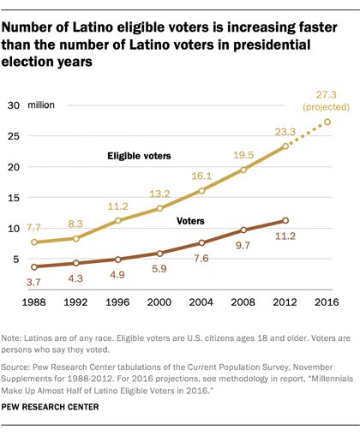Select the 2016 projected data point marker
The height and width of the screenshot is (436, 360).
(327, 122)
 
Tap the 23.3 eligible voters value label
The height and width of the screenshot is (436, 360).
(285, 133)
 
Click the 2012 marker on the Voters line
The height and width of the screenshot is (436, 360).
(285, 220)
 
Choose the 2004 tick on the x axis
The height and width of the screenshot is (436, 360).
(195, 302)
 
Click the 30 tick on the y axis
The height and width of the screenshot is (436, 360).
(15, 105)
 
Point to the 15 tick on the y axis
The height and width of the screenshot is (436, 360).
(15, 197)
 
